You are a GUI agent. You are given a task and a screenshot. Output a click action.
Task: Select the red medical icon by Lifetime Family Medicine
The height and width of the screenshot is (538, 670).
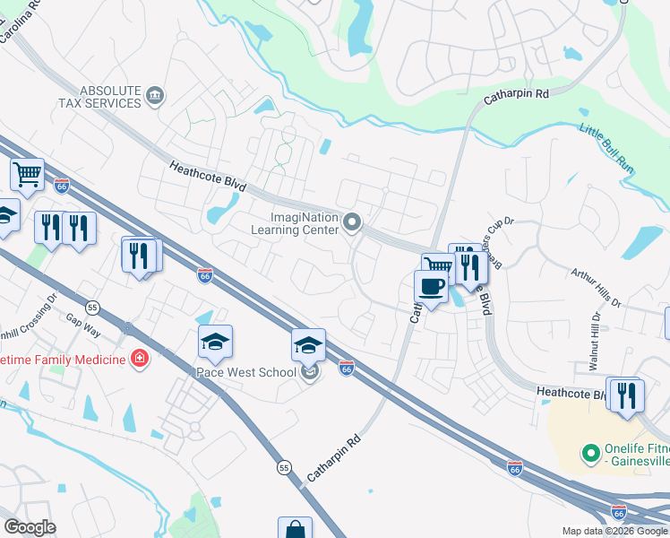(x=140, y=360)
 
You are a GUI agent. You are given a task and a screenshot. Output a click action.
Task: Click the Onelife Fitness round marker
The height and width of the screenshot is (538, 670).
(x=589, y=454)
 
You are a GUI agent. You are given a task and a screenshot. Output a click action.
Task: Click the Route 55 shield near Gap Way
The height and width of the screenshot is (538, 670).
(x=94, y=307)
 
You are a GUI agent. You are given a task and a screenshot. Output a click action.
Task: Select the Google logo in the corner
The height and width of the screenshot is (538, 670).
(x=30, y=527)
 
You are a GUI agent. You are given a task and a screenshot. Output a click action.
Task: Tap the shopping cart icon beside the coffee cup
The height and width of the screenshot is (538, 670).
(x=438, y=265)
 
